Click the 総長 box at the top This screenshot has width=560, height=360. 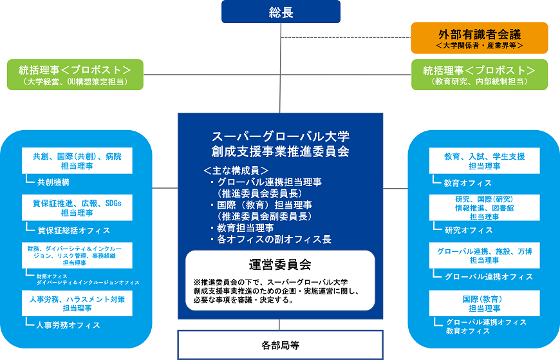pyautogui.click(x=280, y=12)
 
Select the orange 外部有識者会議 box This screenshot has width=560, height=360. pyautogui.click(x=480, y=38)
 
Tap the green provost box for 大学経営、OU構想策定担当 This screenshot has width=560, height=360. pyautogui.click(x=75, y=75)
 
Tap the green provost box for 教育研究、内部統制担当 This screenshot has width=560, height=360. pyautogui.click(x=480, y=75)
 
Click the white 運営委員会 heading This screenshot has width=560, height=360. pyautogui.click(x=280, y=264)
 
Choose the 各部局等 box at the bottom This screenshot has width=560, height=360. pyautogui.click(x=280, y=345)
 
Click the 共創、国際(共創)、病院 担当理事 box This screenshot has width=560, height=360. pyautogui.click(x=77, y=160)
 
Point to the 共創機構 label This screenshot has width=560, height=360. pyautogui.click(x=53, y=182)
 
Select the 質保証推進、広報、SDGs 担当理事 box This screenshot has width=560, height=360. pyautogui.click(x=77, y=207)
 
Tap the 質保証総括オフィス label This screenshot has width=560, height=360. pyautogui.click(x=73, y=230)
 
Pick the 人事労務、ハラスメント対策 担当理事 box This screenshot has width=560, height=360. pyautogui.click(x=77, y=304)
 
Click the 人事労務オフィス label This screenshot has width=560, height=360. pyautogui.click(x=68, y=325)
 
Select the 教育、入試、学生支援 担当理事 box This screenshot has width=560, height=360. pyautogui.click(x=484, y=160)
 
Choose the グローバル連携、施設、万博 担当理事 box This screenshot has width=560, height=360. pyautogui.click(x=484, y=255)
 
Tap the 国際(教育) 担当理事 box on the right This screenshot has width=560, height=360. pyautogui.click(x=484, y=303)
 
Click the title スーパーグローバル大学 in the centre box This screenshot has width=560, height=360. pyautogui.click(x=280, y=137)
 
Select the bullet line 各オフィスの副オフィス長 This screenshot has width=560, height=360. pyautogui.click(x=274, y=240)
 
